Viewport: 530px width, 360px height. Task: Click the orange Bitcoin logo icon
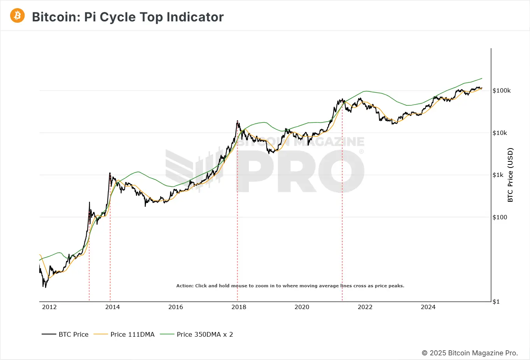[x=17, y=16]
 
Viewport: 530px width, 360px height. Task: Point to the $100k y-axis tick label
[x=502, y=91]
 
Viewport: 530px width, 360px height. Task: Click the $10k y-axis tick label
[x=500, y=133]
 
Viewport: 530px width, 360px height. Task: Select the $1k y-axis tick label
[x=498, y=175]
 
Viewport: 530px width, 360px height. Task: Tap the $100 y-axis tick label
[x=500, y=217]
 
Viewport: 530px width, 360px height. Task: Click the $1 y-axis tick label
[x=496, y=302]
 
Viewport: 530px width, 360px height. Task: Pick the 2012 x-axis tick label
[x=49, y=307]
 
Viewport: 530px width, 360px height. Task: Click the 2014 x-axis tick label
[x=112, y=307]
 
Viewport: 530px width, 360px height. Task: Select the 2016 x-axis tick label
[x=176, y=307]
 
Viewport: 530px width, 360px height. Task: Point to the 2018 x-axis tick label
[x=239, y=307]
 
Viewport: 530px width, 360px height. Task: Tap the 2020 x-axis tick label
[x=302, y=307]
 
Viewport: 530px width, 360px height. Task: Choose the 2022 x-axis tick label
[x=365, y=307]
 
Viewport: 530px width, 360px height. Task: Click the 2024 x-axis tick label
[x=428, y=307]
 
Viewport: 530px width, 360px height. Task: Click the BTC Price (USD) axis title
[x=510, y=175]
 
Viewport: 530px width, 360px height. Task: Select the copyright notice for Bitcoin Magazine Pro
[x=470, y=353]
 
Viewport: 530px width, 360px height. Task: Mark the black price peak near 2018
[x=237, y=121]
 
